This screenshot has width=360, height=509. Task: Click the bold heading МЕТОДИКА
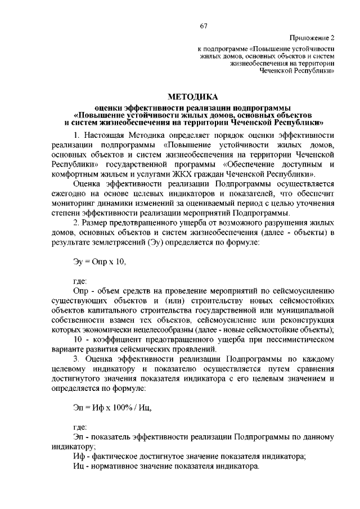click(193, 97)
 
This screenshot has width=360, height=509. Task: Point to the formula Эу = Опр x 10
click(100, 262)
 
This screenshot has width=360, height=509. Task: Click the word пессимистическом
click(301, 339)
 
